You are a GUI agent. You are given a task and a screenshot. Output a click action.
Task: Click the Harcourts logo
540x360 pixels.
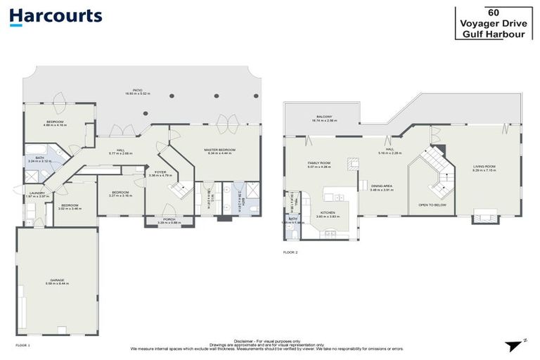tap(56, 17)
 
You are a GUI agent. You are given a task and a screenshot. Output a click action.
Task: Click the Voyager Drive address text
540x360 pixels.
tap(489, 22)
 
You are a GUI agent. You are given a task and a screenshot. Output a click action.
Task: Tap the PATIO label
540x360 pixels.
tap(139, 90)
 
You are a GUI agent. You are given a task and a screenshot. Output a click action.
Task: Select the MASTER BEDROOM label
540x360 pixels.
tap(219, 150)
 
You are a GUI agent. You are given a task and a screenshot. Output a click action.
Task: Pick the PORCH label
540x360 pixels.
tap(169, 219)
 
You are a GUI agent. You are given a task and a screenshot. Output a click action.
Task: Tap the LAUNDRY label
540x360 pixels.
tap(36, 193)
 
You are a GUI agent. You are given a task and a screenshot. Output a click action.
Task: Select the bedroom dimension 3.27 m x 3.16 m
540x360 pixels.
tap(120, 195)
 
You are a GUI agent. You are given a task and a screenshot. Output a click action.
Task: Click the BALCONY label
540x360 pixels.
tap(323, 117)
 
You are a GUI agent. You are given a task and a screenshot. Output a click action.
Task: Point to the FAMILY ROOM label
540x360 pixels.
tap(319, 162)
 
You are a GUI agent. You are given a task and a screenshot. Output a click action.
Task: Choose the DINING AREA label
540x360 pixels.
tap(381, 186)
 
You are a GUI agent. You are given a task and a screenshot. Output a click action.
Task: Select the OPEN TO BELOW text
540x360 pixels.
tap(432, 205)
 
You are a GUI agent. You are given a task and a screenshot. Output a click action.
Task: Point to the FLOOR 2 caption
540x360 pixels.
tap(290, 251)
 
